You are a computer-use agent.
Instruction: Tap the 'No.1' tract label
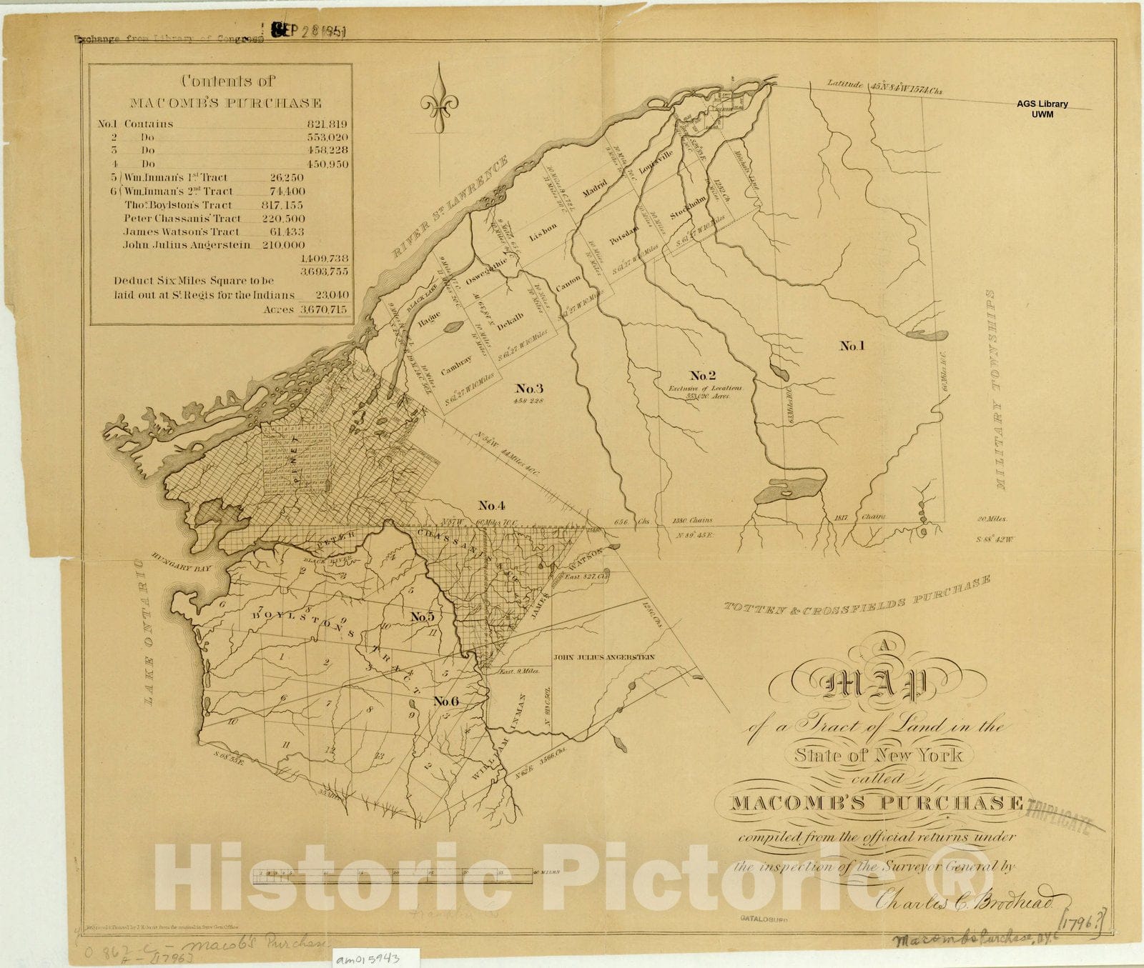852,346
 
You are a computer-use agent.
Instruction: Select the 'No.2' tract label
702,375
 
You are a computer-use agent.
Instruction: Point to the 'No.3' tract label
529,389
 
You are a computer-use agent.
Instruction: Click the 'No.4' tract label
492,506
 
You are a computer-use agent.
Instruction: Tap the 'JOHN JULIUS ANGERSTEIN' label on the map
604,657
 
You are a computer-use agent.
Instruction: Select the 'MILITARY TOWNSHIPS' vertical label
997,389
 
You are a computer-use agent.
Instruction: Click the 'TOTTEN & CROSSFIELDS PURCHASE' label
857,596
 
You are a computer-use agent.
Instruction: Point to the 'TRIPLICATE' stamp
1060,814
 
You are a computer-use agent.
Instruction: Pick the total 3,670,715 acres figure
323,309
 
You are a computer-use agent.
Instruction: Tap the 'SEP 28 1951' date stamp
309,32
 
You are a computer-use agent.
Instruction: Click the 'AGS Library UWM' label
1042,109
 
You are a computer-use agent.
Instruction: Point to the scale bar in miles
400,872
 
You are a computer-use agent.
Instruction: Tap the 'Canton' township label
568,284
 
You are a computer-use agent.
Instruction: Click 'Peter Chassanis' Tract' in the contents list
182,218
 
